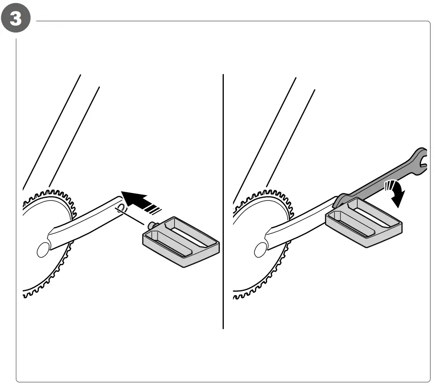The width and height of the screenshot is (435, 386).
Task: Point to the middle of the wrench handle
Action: (x=380, y=179)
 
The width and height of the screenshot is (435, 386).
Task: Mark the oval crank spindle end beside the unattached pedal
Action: (x=44, y=249)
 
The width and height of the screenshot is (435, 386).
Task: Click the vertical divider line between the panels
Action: (x=223, y=201)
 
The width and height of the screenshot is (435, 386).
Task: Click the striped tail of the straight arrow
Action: (x=155, y=207)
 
